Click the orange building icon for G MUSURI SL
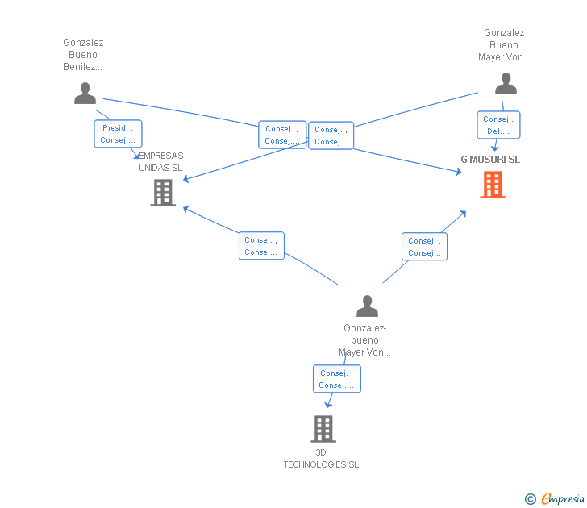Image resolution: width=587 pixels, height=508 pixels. pos(493,185)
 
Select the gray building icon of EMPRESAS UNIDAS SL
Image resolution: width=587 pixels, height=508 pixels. pos(163,193)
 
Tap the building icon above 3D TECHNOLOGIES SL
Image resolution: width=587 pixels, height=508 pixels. pos(323,429)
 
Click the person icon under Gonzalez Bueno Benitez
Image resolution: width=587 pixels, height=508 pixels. pos(85,94)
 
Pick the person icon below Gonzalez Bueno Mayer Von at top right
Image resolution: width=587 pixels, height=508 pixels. pos(506,84)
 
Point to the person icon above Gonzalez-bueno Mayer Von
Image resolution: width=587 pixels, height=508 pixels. pos(367,306)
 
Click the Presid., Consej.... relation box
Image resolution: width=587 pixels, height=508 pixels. pos(118,134)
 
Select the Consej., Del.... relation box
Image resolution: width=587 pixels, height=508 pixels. pos(498,125)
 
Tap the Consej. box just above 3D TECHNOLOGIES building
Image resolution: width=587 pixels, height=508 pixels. pos(337,379)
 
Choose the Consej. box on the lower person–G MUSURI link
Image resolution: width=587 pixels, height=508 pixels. pos(424,247)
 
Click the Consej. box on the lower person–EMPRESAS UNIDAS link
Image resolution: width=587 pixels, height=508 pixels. pos(261,246)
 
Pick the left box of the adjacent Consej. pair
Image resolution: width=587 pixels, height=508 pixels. pos(282,135)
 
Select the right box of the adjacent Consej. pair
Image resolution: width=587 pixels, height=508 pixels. pos(331,135)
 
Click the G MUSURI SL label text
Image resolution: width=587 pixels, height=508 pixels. pos(490,160)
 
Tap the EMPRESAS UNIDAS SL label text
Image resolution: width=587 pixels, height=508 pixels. pos(160,162)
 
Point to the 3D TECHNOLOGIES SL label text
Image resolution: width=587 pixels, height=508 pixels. pos(321,459)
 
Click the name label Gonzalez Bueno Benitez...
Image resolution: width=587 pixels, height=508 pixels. pos(83,55)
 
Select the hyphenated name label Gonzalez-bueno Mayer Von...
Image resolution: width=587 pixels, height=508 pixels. pos(364,340)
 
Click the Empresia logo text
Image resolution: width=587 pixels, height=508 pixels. pos(563,498)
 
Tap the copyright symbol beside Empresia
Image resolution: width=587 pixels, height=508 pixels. pos(531,499)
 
